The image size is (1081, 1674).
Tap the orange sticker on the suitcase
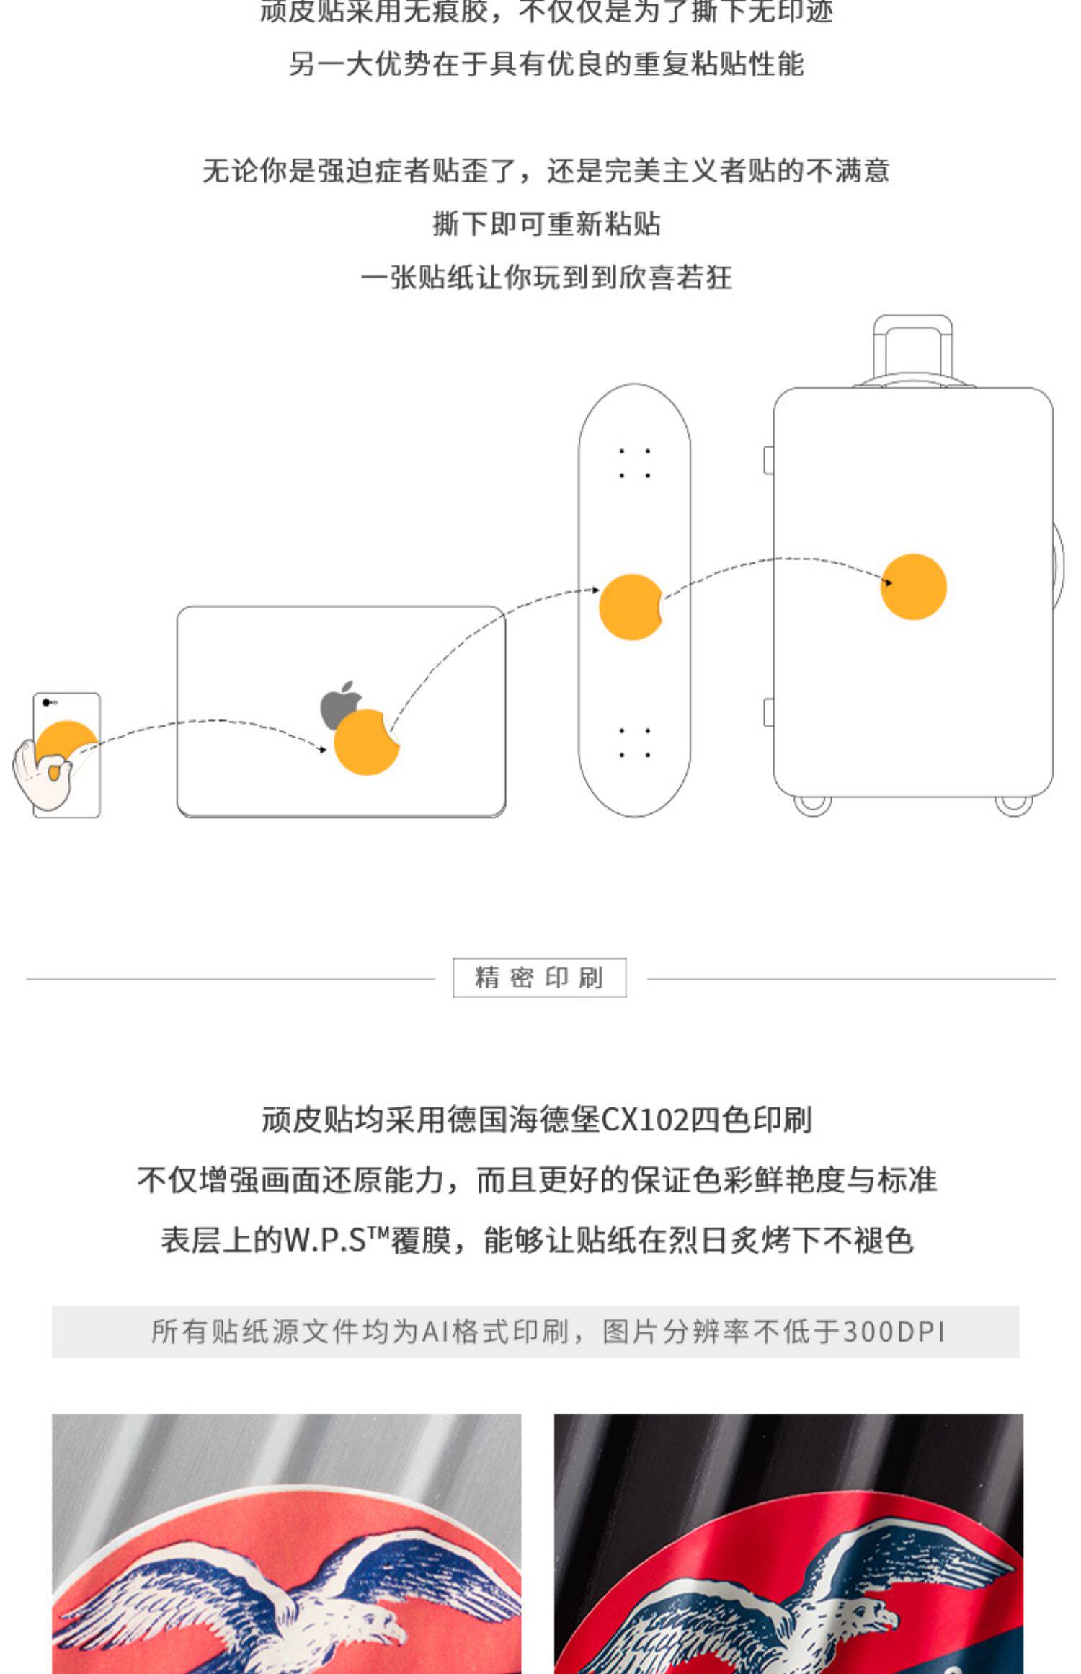(913, 586)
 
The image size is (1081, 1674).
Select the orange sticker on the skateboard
(630, 607)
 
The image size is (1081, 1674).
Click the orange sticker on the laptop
(365, 743)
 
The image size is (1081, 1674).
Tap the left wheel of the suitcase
(812, 805)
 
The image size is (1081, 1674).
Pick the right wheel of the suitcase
(1013, 805)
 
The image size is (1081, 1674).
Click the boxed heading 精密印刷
(539, 978)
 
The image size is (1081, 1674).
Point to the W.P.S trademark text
(336, 1241)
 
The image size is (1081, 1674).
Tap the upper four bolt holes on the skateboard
(634, 463)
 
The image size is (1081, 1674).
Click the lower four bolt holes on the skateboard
(634, 743)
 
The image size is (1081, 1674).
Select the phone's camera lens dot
(46, 701)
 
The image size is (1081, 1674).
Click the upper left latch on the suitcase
(769, 460)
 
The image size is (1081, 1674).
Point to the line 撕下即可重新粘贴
(546, 223)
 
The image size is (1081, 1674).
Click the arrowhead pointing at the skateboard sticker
(595, 590)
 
